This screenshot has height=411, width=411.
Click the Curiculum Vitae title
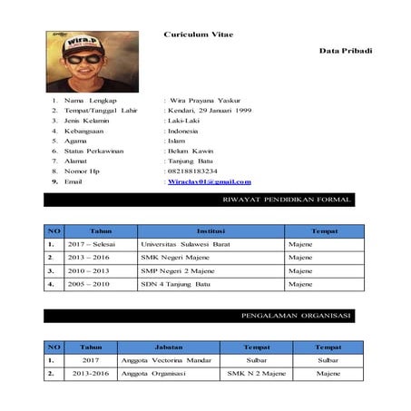[198, 34]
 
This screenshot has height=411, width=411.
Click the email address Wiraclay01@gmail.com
[209, 182]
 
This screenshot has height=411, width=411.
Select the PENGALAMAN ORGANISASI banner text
[295, 316]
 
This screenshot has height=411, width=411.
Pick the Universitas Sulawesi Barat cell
[181, 244]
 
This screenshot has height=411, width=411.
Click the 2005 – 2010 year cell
[89, 284]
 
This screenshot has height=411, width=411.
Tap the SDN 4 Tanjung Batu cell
[176, 284]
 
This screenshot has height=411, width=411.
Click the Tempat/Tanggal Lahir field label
[101, 111]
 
